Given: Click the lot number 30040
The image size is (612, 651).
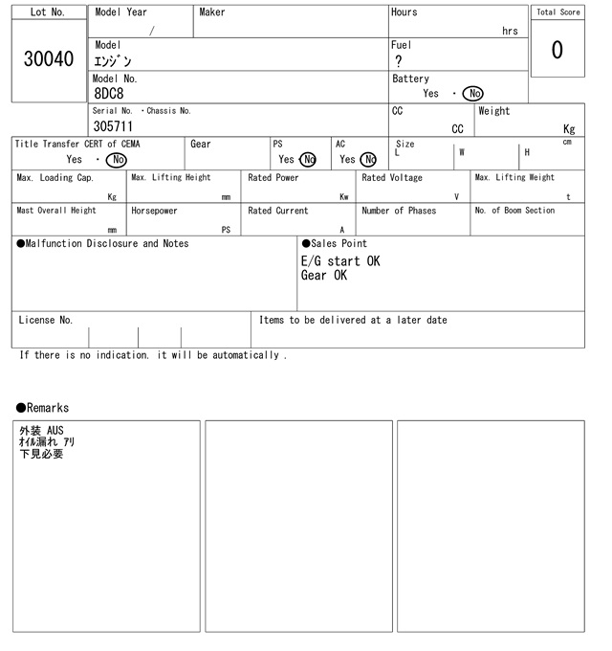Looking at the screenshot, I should click(48, 59).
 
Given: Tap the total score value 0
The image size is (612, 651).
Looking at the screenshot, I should click(557, 50).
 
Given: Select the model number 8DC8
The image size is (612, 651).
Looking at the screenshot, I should click(109, 94).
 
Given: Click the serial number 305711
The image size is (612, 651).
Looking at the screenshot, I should click(113, 126).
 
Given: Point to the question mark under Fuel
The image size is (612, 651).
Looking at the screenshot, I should click(399, 61).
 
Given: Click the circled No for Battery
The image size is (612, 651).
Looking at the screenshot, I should click(472, 94).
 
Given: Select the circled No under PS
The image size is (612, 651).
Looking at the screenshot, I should click(307, 160).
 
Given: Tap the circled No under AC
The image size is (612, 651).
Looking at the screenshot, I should click(368, 160).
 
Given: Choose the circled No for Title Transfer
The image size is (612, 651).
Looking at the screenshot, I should click(116, 160).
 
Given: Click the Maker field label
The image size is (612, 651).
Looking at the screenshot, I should click(212, 12).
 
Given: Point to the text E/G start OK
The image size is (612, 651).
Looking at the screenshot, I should click(340, 260).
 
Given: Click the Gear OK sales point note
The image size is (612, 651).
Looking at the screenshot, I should click(324, 276).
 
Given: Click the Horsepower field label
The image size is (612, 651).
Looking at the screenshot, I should click(154, 211).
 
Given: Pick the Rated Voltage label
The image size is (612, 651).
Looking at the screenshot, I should click(392, 178).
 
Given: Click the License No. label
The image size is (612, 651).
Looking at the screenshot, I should click(45, 320).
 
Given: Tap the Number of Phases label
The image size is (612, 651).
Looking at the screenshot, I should click(399, 211).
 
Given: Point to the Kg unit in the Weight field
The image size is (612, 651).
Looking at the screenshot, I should click(569, 128).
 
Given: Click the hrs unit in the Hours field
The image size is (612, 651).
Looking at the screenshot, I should click(510, 31).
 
